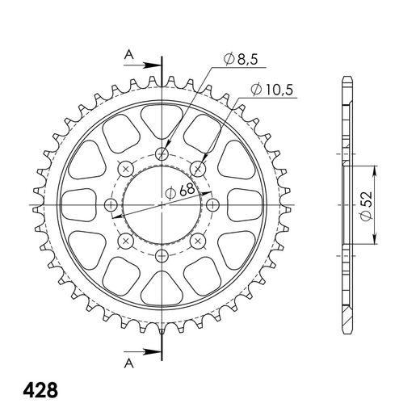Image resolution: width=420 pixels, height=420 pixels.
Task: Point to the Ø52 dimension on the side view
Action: (x=365, y=205)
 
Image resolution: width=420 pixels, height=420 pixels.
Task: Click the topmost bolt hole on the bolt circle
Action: (x=162, y=153)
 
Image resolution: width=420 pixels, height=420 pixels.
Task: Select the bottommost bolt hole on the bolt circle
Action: (x=162, y=256)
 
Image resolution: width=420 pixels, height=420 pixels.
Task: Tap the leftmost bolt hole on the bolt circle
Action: (x=111, y=204)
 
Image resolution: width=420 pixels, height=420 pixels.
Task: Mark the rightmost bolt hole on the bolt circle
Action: (x=214, y=204)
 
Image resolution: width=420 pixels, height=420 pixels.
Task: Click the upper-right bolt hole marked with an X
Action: (x=199, y=168)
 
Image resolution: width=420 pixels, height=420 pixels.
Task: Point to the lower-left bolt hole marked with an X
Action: (x=126, y=241)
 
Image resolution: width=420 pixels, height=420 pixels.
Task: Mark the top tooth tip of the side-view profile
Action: (x=348, y=79)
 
